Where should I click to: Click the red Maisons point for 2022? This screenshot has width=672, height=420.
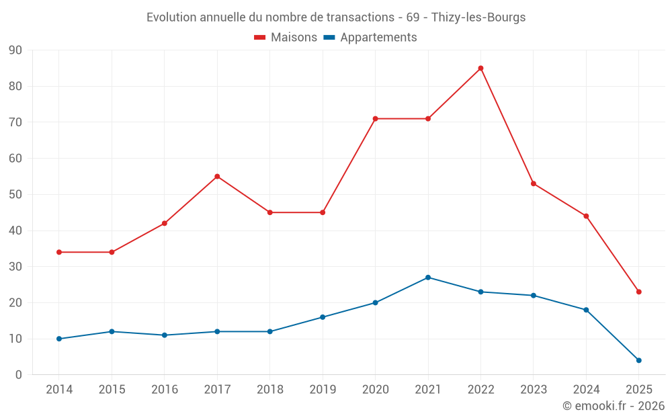480,68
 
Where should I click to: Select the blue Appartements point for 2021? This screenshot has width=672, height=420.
428,278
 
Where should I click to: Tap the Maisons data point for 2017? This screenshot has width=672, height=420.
217,176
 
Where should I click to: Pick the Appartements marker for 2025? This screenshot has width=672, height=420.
638,360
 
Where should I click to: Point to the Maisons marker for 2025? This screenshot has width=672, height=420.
638,292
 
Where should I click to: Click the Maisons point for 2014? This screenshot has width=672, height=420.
59,252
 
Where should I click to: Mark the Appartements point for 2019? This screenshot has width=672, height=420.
323,317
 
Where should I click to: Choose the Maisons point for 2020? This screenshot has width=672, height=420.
375,119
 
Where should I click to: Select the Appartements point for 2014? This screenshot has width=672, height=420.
59,339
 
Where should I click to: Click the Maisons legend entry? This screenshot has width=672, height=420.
286,38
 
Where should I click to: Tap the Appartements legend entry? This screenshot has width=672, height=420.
370,38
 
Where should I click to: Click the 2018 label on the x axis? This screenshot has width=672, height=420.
269,390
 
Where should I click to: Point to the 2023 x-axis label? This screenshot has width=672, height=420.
533,390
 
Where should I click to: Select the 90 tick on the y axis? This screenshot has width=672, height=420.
15,50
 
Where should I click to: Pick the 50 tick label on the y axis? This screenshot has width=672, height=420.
15,195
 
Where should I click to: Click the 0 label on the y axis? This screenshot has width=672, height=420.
19,375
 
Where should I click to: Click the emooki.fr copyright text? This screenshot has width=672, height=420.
614,406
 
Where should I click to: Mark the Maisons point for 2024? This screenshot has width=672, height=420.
586,216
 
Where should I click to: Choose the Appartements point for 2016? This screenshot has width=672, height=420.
165,335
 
